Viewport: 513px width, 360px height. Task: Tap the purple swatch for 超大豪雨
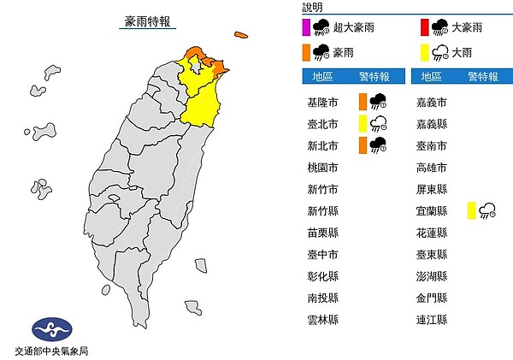(x=307, y=27)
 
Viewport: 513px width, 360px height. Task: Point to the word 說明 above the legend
(x=313, y=7)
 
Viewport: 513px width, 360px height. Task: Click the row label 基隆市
(x=321, y=102)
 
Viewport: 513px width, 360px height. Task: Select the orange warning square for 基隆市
(x=364, y=101)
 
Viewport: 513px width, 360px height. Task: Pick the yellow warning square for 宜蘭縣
(x=473, y=210)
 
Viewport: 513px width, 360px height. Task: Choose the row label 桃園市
(x=321, y=167)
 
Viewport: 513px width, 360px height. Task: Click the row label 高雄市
(x=430, y=167)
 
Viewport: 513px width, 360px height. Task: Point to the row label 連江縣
(x=430, y=320)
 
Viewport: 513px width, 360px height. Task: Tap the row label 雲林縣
(x=321, y=320)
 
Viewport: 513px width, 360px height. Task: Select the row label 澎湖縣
(x=430, y=276)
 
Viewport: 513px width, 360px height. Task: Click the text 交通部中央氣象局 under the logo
(x=51, y=351)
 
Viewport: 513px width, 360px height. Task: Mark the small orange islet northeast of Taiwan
(x=241, y=36)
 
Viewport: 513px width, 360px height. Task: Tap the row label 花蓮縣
(x=430, y=232)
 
